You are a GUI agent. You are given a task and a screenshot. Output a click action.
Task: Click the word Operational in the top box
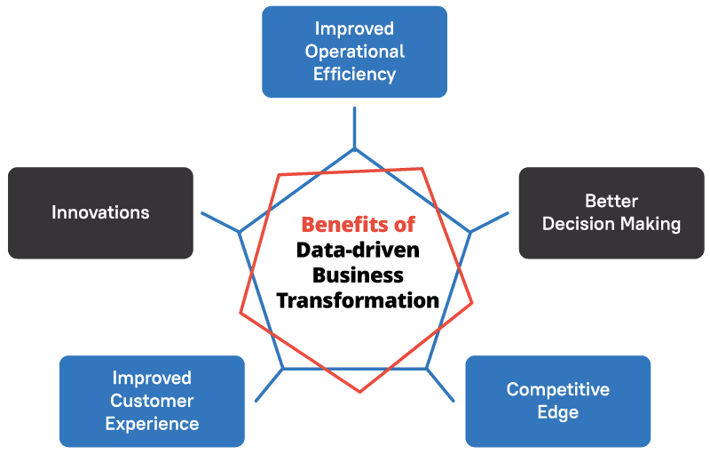pos(354,52)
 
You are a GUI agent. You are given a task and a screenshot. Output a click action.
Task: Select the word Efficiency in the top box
pos(354,74)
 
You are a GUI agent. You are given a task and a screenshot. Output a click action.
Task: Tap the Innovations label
pos(100,212)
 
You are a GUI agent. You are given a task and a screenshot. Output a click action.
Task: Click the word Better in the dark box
pos(611,201)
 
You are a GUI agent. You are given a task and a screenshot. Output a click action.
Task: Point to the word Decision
pos(577,224)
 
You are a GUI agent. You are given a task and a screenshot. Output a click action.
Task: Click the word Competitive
pos(558,390)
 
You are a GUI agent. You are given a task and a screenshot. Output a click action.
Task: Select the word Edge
pos(558,412)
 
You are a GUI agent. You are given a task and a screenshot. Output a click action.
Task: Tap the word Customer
pos(152,401)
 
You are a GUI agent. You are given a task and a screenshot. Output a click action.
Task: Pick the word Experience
pos(152,423)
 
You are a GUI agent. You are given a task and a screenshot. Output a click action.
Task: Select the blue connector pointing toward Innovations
pos(220,222)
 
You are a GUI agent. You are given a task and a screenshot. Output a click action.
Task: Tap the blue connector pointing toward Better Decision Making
pos(489,222)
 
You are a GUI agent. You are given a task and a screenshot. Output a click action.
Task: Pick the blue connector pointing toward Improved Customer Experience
pos(270,384)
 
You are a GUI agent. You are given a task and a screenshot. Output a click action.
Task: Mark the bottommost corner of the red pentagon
pos(359,392)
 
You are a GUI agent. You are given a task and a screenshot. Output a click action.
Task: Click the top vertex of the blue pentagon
pos(354,148)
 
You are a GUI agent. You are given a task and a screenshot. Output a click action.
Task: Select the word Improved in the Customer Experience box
pos(152,378)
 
